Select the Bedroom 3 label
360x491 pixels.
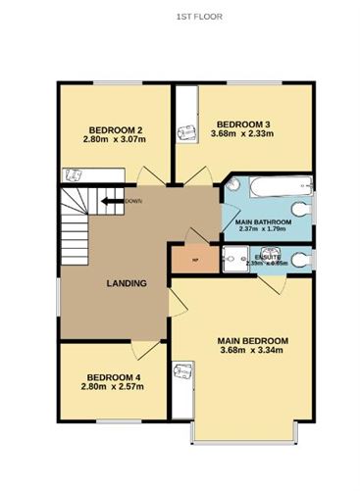tap(243, 123)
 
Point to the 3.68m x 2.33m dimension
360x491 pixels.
tap(243, 134)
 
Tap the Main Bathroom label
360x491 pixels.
tap(264, 222)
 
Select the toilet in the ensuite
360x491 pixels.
tap(301, 259)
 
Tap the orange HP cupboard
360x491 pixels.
tap(193, 259)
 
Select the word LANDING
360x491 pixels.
tap(127, 284)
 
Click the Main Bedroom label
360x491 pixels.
tap(253, 341)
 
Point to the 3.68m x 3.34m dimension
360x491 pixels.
tap(253, 353)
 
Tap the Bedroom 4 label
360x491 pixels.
tap(114, 377)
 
